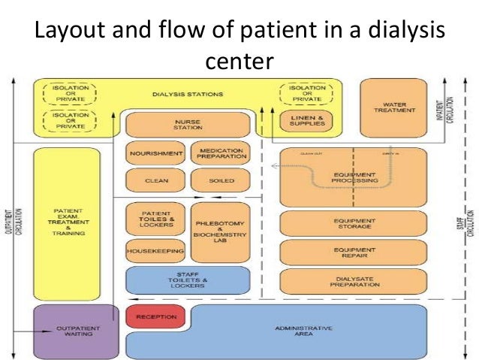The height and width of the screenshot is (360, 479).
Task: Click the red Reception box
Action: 155,317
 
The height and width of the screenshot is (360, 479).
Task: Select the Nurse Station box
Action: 187,124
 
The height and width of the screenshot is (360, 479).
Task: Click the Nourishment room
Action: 155,153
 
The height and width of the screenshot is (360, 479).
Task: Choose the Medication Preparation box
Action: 218,153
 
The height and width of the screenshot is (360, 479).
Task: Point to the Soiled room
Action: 218,181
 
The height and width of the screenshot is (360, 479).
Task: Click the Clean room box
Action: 155,181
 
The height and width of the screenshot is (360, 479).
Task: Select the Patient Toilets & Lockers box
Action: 155,219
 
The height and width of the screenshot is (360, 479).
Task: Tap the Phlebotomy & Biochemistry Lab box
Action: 220,231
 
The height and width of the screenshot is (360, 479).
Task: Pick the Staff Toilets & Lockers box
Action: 187,280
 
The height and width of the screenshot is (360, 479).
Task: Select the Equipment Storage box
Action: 353,223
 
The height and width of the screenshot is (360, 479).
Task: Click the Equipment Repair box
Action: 353,252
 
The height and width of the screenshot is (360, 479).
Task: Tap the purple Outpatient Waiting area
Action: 76,331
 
